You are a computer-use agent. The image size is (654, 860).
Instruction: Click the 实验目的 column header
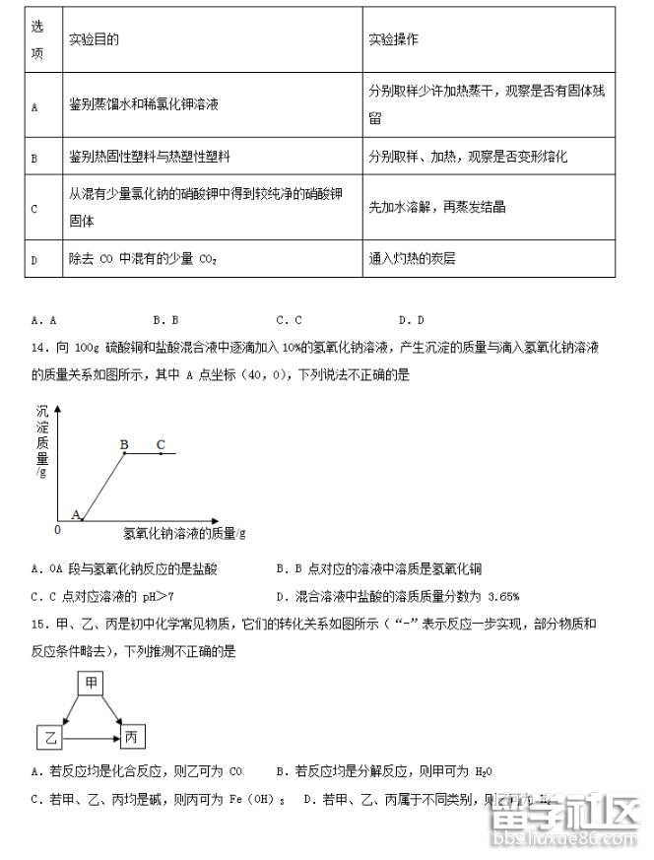95,39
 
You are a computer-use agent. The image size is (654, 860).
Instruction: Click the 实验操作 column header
393,39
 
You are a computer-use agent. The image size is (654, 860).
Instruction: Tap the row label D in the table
34,260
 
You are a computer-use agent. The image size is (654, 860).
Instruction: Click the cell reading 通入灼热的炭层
412,259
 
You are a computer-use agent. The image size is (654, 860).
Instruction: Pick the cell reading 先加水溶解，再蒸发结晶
437,207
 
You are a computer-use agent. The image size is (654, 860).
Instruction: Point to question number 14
40,347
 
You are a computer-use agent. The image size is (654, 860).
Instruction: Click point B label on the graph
124,444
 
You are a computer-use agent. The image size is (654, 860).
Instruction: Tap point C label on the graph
160,444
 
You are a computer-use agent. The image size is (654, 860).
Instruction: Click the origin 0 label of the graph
57,529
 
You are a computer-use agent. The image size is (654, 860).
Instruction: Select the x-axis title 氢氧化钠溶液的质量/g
184,533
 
